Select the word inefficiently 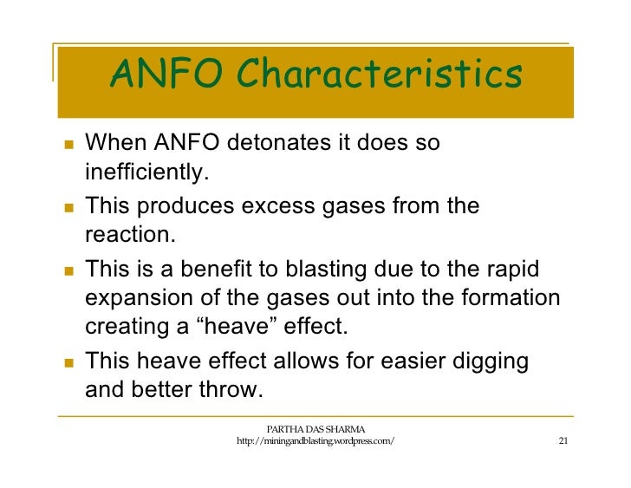[147, 173]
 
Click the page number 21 [563, 441]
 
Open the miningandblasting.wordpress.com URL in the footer [315, 442]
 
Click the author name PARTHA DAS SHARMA [315, 428]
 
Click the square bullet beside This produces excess [69, 207]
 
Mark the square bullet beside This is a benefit [69, 270]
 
